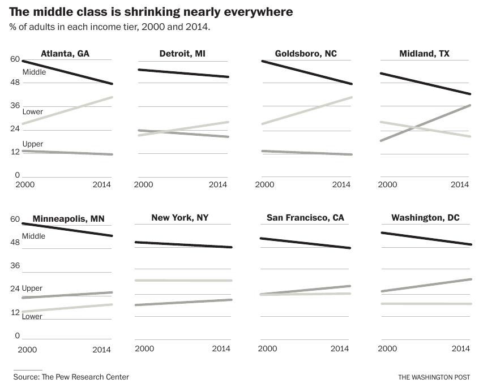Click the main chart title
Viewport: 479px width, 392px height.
(151, 11)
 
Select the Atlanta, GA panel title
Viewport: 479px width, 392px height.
(65, 54)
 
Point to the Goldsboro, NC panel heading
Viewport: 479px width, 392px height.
(306, 54)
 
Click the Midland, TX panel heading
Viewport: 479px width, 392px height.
(425, 54)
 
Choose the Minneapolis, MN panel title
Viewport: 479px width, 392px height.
(69, 219)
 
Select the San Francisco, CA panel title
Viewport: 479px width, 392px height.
(305, 218)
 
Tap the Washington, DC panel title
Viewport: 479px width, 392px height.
(425, 218)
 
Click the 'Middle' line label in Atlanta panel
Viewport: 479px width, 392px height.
(34, 72)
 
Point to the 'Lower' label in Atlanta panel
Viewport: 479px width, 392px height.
(32, 112)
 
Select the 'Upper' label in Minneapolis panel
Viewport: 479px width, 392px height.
(32, 288)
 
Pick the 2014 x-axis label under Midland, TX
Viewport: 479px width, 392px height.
(461, 185)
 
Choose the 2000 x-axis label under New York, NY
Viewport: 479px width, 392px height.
(144, 349)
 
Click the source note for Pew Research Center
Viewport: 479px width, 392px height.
(71, 377)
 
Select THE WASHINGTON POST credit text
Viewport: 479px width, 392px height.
(434, 377)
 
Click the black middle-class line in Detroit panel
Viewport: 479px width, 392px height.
(181, 73)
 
